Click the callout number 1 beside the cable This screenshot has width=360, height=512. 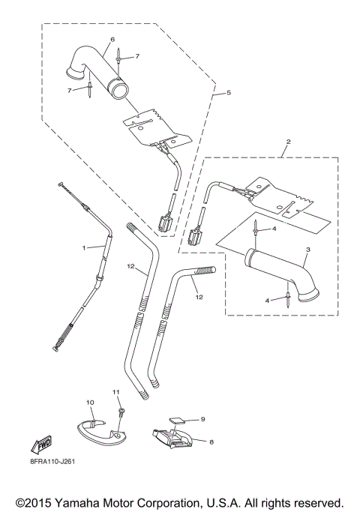(x=85, y=247)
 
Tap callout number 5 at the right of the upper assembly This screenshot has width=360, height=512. (x=229, y=94)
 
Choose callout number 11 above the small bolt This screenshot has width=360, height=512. (x=116, y=392)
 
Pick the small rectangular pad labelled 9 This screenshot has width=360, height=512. (x=178, y=421)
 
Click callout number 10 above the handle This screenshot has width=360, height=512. (x=89, y=403)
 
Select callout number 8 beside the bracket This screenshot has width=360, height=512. (x=211, y=442)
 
